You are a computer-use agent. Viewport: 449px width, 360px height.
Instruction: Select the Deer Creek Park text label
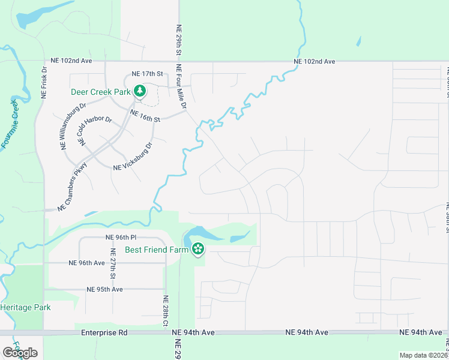pyautogui.click(x=101, y=92)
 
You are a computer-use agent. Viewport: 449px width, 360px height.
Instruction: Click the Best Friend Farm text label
pyautogui.click(x=158, y=250)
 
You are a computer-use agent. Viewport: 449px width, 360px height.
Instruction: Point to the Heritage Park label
pyautogui.click(x=26, y=307)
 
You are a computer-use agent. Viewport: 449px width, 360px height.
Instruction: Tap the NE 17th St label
pyautogui.click(x=143, y=74)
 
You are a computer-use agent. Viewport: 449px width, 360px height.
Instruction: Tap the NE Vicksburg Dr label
pyautogui.click(x=133, y=157)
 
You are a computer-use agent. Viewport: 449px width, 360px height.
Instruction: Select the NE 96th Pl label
pyautogui.click(x=121, y=237)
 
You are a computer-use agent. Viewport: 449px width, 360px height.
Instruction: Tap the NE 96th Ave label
pyautogui.click(x=87, y=263)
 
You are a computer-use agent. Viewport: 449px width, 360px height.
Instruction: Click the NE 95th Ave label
pyautogui.click(x=104, y=289)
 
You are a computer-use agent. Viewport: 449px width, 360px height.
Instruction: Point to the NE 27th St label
pyautogui.click(x=112, y=265)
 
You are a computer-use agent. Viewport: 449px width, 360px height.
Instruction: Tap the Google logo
pyautogui.click(x=20, y=353)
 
